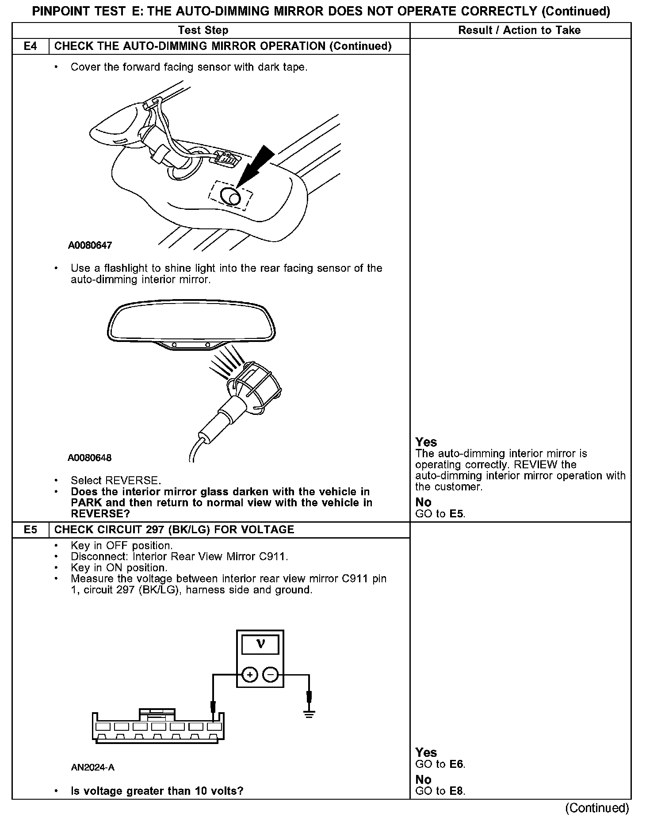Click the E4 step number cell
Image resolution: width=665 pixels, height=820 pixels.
pos(30,46)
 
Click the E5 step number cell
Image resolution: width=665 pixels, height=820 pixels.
pos(30,530)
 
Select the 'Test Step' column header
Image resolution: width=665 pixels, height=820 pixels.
pos(203,30)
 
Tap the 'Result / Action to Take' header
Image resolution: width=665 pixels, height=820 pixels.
pos(520,30)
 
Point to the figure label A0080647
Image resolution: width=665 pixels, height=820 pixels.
pos(90,245)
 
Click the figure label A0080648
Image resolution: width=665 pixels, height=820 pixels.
pos(90,458)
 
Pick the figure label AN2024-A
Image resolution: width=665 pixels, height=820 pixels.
pos(93,767)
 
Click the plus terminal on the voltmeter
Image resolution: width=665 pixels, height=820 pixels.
pos(250,675)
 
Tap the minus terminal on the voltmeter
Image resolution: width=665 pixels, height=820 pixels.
pos(271,675)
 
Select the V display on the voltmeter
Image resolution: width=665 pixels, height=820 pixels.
pos(260,645)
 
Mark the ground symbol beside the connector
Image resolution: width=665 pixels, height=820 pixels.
pos(309,713)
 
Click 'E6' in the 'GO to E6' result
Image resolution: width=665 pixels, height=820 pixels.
pos(457,764)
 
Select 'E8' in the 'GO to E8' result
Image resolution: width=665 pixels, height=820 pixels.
pos(457,791)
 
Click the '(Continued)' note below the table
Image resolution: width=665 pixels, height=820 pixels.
pos(597,808)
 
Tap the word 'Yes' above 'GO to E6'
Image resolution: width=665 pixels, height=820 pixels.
pos(426,753)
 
